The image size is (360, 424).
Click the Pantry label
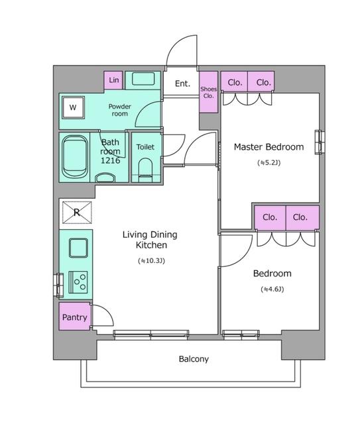tap(74, 317)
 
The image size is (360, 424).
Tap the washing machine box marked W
tap(73, 107)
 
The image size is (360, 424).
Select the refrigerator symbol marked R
tap(77, 212)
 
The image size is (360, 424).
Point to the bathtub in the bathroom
tap(75, 157)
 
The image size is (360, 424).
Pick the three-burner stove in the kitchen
tap(78, 282)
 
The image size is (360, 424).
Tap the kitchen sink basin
tap(78, 248)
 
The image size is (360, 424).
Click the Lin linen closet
tap(113, 80)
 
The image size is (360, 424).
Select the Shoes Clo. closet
tap(208, 92)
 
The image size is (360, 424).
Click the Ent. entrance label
tap(182, 83)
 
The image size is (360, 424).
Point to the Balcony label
tap(194, 359)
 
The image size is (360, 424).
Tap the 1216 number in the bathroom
tap(110, 160)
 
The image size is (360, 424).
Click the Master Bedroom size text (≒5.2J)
tap(269, 163)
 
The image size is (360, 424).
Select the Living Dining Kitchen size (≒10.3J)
tap(151, 261)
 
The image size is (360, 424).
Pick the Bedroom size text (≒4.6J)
tap(272, 290)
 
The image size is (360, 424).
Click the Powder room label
tap(119, 110)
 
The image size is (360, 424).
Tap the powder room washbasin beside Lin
tap(143, 79)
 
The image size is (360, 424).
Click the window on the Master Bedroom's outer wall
tap(320, 142)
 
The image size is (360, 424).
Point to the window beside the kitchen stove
tap(59, 286)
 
